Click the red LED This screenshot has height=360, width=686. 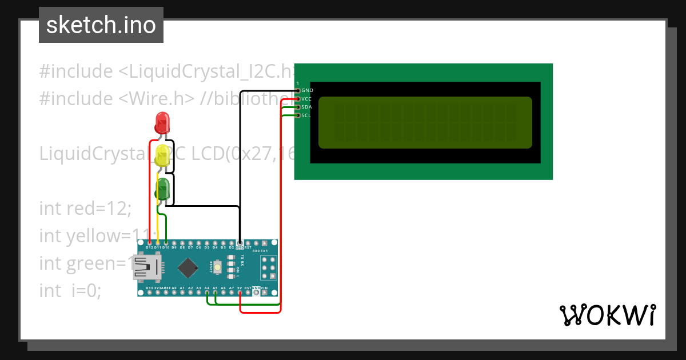tap(162, 122)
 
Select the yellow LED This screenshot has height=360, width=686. tap(163, 156)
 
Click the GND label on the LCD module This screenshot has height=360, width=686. tap(307, 90)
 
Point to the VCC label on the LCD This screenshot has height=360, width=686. tap(306, 99)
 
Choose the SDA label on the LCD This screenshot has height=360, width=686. tap(306, 107)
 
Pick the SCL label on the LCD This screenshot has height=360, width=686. tap(306, 116)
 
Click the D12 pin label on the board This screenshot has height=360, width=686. tap(149, 247)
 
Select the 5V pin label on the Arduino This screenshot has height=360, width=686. tap(240, 288)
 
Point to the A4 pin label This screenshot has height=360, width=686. tap(207, 288)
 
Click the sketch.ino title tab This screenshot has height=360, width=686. tap(101, 25)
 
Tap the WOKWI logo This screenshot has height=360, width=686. tap(607, 315)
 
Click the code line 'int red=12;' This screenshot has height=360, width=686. tap(85, 209)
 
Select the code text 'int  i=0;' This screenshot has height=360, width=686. tap(70, 291)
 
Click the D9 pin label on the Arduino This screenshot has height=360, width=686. tap(174, 247)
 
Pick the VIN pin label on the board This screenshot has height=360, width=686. tap(265, 288)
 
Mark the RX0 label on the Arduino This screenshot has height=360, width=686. tap(257, 250)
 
